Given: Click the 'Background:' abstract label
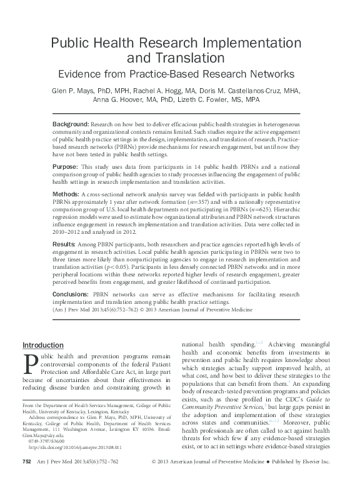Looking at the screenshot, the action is (x=70, y=124).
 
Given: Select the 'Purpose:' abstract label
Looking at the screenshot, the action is (x=66, y=168).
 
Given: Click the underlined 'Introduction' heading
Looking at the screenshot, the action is (x=42, y=345).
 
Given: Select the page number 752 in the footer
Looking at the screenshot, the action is (x=26, y=478).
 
